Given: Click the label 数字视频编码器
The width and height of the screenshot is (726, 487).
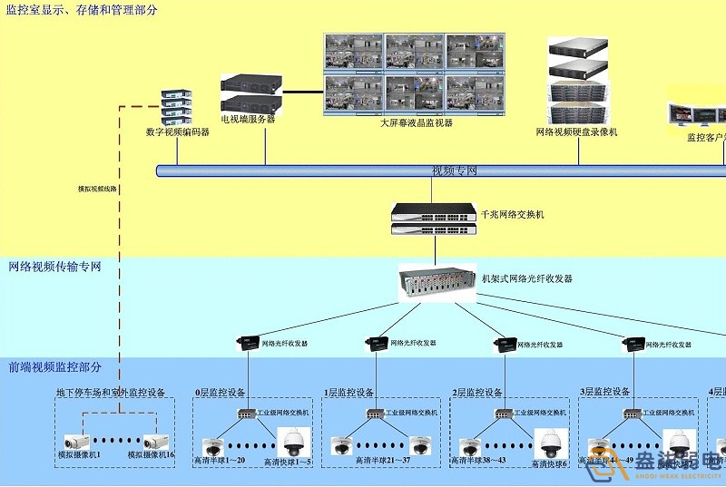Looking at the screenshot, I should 177,131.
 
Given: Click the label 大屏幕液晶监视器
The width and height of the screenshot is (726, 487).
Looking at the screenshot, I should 416,122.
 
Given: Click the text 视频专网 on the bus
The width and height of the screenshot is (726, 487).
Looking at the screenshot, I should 454,170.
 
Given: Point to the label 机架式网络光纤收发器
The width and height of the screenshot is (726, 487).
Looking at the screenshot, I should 526,278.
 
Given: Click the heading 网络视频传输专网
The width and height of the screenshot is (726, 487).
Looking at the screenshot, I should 54,267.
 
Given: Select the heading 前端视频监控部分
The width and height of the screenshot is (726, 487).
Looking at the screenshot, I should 54,367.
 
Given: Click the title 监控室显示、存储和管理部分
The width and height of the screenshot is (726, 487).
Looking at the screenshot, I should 81,10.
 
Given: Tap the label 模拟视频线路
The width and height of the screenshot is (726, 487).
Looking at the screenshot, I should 97,189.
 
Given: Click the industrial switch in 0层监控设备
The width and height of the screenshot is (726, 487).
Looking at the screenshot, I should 248,413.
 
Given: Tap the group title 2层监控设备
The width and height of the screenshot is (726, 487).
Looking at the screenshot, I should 476,393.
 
